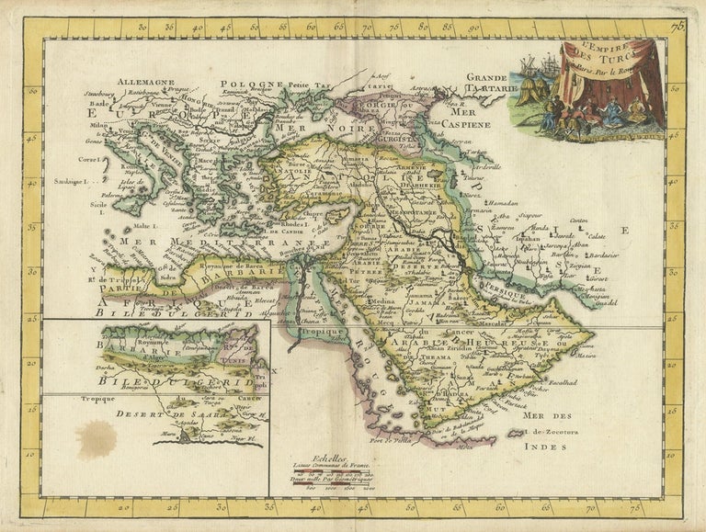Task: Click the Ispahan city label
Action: pyautogui.click(x=527, y=238)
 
